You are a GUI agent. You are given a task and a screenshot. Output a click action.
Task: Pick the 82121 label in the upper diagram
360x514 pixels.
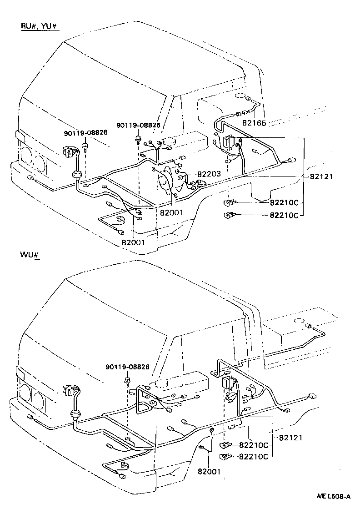[322, 176]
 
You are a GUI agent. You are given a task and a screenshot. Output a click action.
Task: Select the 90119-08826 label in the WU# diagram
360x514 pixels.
[127, 367]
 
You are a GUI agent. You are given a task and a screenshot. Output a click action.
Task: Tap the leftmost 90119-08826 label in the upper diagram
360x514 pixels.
[85, 132]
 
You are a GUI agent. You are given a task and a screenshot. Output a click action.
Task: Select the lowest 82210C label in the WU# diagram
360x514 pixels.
[253, 456]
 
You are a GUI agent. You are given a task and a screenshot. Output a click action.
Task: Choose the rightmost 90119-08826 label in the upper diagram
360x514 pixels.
[138, 125]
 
